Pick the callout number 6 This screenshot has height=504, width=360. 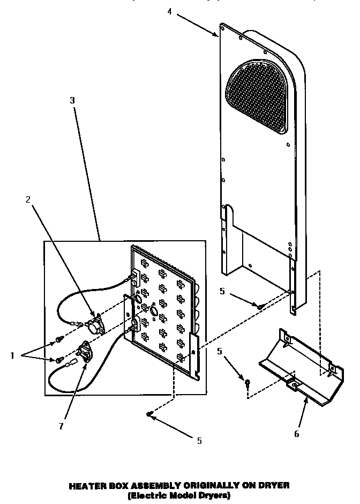(x=296, y=434)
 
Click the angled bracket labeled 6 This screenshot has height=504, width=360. (x=300, y=365)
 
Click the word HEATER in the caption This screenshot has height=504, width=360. (x=88, y=485)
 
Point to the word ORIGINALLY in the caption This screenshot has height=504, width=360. (x=205, y=485)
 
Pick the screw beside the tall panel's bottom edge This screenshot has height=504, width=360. (x=259, y=306)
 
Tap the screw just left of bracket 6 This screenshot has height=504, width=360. (x=247, y=383)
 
